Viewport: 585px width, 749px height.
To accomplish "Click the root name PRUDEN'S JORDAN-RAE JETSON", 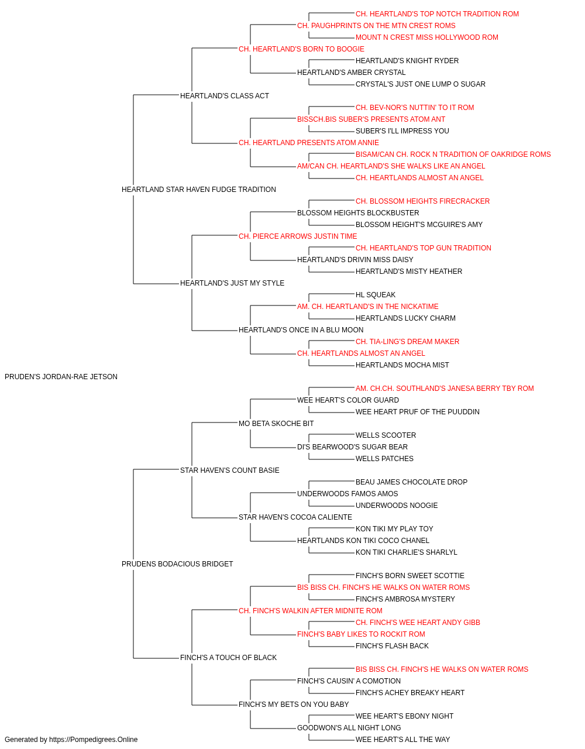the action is [61, 377].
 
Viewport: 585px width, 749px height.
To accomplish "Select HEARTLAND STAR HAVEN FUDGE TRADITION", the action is [199, 190].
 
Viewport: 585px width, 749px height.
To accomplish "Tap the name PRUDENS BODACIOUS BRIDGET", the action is [177, 564].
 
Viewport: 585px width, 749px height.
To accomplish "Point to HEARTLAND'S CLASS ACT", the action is [225, 96].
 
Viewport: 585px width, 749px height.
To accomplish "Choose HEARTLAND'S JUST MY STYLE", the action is [232, 283].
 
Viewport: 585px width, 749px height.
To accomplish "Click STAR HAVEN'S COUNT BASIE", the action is [230, 470].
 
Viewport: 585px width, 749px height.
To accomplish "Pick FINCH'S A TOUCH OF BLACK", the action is [228, 658].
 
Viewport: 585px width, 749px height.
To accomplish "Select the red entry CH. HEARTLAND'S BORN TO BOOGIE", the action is [301, 49].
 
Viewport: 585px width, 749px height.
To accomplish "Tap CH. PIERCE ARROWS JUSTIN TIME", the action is [298, 236].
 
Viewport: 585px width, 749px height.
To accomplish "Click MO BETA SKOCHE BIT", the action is [276, 424].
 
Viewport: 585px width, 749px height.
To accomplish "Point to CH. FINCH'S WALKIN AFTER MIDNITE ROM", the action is [311, 611].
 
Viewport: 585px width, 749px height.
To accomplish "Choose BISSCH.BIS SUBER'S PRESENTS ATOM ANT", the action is [371, 119].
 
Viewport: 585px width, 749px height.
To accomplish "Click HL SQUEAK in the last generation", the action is [376, 295].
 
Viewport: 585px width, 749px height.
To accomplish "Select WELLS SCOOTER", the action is [386, 435].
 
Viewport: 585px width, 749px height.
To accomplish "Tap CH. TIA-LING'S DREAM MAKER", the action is [408, 342].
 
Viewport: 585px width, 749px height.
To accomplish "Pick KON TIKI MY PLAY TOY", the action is [394, 529].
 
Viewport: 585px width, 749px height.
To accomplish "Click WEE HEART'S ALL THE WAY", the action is [402, 740].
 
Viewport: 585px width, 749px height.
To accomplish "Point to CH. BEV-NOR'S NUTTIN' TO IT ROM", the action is [415, 108].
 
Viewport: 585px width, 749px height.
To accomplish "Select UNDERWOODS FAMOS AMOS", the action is [347, 494].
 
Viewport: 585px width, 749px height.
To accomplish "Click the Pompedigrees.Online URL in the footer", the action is [94, 740].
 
